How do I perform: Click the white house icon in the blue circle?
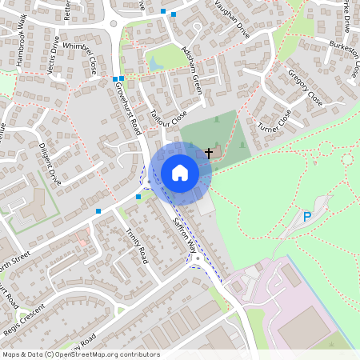point(180,173)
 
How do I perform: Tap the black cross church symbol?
point(210,151)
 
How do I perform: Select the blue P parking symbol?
point(306,217)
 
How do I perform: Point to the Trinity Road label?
point(137,246)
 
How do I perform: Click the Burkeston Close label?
point(335,58)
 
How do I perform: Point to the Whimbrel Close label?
point(80,53)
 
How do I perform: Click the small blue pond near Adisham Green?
point(154,62)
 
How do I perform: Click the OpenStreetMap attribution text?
point(81,354)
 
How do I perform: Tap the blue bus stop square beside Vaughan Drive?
point(163,12)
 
